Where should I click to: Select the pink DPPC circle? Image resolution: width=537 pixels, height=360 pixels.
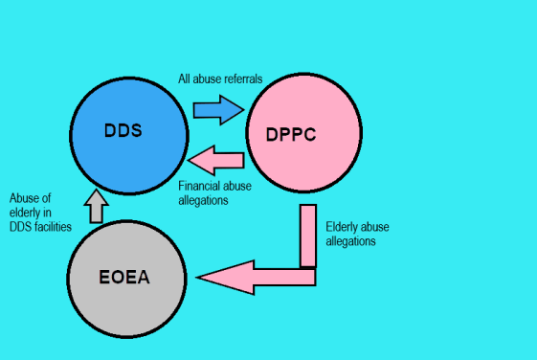point(304,134)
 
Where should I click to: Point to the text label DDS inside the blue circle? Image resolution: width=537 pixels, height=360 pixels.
point(123,129)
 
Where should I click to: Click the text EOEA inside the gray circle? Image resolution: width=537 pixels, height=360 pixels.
point(128,279)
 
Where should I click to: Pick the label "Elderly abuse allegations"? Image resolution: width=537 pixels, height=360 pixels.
point(358,235)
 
